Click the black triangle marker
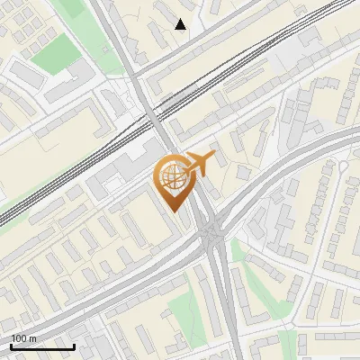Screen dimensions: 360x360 tap(181, 24)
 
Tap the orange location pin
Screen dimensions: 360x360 tap(175, 181)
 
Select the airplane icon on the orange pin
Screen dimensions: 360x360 tap(199, 164)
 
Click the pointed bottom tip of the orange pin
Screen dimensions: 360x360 tap(174, 211)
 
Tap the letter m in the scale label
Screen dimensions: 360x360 tap(33, 338)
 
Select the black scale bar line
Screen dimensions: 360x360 tap(42, 346)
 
